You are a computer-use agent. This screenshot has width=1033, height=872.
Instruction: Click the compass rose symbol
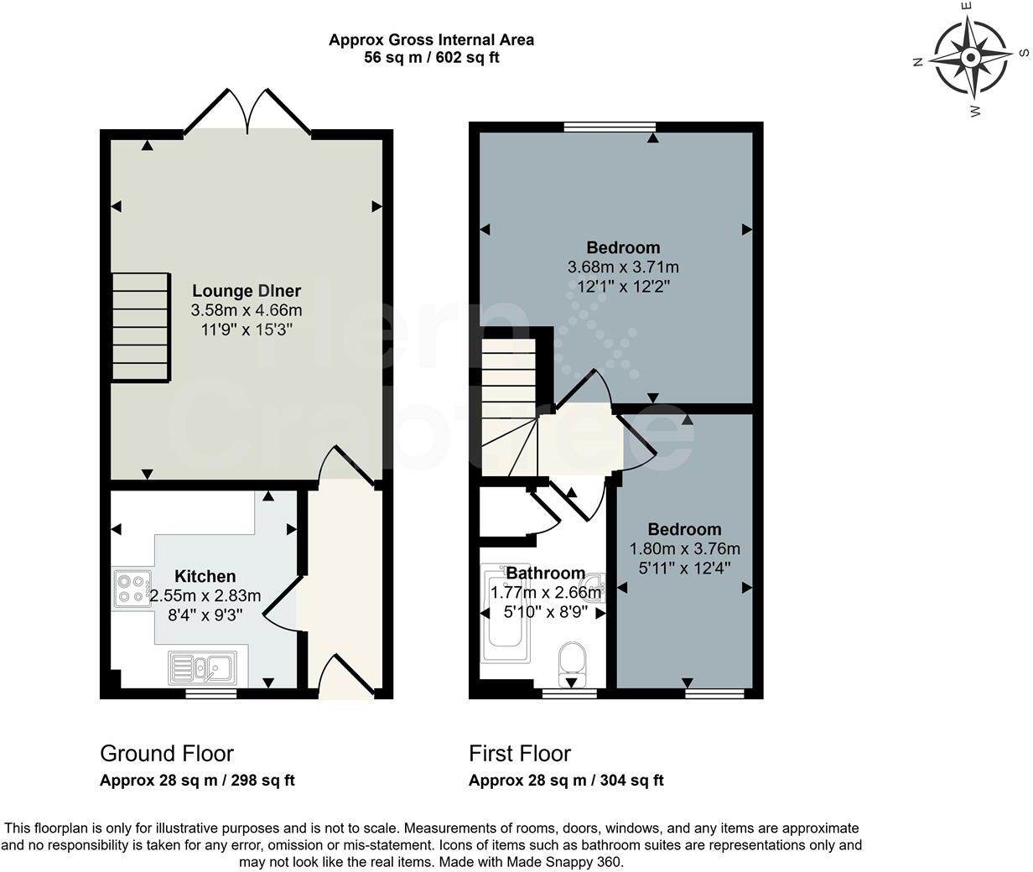pos(971,59)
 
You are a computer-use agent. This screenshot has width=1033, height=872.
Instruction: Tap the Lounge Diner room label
pos(247,290)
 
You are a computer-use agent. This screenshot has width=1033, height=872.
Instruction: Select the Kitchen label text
pos(205,576)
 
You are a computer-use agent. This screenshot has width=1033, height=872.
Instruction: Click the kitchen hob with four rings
pos(132,589)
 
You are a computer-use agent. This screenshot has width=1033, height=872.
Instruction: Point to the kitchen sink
pos(202,667)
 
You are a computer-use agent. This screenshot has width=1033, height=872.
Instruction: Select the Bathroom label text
pos(546,573)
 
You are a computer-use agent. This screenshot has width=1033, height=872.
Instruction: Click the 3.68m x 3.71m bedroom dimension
pos(623,267)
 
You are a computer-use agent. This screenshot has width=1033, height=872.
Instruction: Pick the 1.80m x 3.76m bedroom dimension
pos(685,549)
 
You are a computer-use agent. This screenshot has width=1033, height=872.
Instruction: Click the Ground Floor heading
pos(167,754)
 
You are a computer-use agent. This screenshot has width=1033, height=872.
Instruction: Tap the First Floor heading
pos(520,754)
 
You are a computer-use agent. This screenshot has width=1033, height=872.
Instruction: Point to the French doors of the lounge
pos(247,112)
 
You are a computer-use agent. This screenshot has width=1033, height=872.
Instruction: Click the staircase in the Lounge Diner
pos(141,327)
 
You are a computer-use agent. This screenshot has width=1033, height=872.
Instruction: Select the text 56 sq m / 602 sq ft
pos(432,57)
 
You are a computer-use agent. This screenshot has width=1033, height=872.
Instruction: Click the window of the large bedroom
pos(610,127)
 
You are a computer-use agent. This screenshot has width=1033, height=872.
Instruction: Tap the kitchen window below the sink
pos(211,694)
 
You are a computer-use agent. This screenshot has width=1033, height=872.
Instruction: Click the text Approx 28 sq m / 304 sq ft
pos(566,781)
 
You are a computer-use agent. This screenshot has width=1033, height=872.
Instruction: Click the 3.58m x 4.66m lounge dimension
pos(247,310)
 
